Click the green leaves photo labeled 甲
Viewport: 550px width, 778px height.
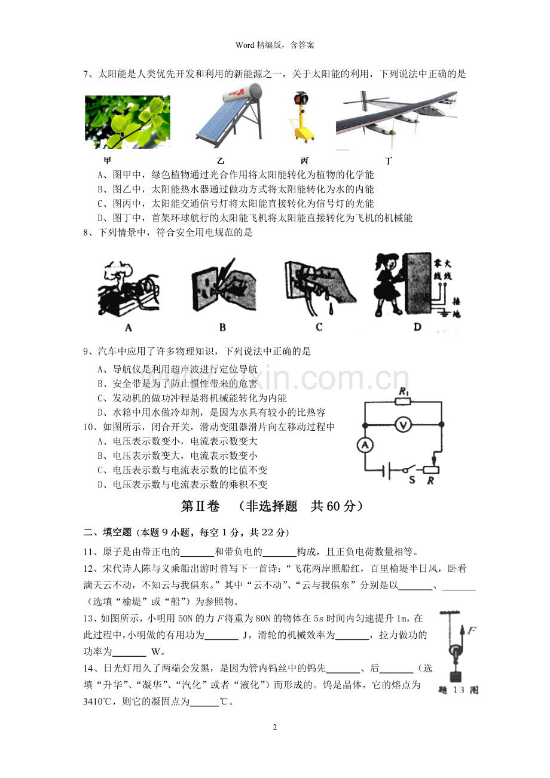pyautogui.click(x=127, y=122)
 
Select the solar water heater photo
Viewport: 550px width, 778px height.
pyautogui.click(x=230, y=116)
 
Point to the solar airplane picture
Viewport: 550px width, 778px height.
pyautogui.click(x=396, y=118)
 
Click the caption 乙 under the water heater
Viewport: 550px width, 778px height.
pyautogui.click(x=221, y=161)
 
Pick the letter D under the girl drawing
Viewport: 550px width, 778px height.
pyautogui.click(x=417, y=326)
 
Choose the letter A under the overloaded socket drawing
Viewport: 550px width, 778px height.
pyautogui.click(x=129, y=327)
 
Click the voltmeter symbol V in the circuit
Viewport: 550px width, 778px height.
pyautogui.click(x=403, y=425)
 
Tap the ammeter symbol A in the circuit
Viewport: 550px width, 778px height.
pyautogui.click(x=365, y=445)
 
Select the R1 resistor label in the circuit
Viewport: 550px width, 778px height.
pyautogui.click(x=404, y=392)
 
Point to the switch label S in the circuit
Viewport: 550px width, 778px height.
pyautogui.click(x=412, y=480)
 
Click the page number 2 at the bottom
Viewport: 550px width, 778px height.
pyautogui.click(x=275, y=727)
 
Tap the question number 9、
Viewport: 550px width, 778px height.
pyautogui.click(x=90, y=351)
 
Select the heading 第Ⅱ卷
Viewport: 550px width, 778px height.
pyautogui.click(x=200, y=506)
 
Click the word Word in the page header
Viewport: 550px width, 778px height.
pyautogui.click(x=245, y=45)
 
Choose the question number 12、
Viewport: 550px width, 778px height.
pyautogui.click(x=92, y=569)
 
